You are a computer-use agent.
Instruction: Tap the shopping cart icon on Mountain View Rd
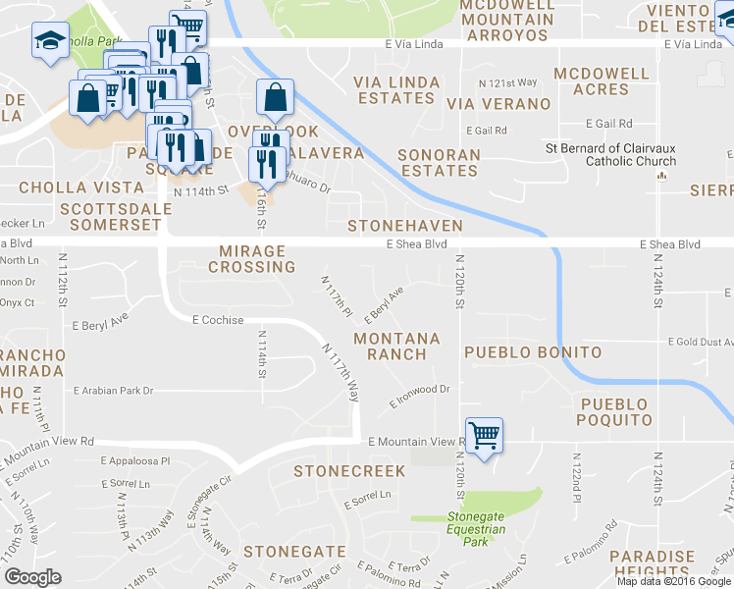tap(484, 434)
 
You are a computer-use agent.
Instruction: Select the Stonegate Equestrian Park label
tap(476, 528)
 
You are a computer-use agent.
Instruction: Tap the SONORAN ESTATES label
tap(439, 163)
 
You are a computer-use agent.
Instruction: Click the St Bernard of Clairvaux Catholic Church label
tap(610, 155)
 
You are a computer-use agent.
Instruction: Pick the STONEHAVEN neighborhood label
tap(405, 226)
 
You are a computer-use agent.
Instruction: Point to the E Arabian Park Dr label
tap(114, 391)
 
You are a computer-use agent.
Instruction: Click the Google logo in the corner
tap(33, 577)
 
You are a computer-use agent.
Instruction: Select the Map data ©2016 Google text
tap(674, 581)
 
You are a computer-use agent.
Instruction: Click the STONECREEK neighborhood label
tap(348, 472)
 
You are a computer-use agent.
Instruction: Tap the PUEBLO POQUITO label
tap(614, 412)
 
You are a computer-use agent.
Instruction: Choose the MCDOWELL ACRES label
tap(602, 81)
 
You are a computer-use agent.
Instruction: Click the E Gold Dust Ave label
tap(700, 343)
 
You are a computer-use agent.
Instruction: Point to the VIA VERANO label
tap(498, 104)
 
